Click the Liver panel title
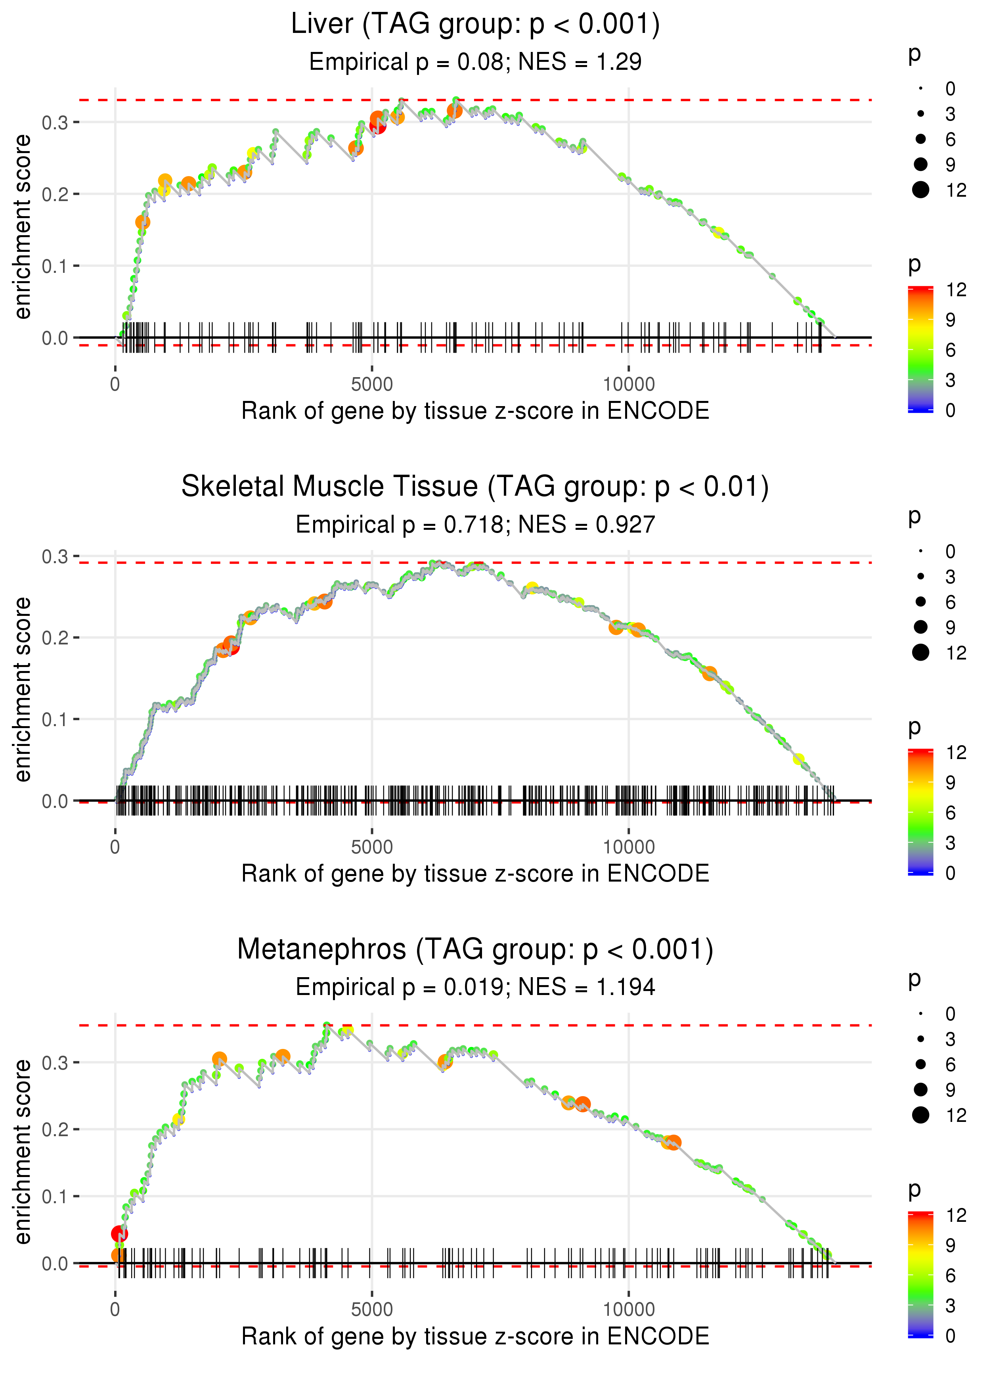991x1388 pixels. [x=475, y=25]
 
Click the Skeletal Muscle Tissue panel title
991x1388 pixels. [x=475, y=487]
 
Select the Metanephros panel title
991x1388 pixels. [x=475, y=950]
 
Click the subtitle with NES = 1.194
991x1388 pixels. [x=475, y=987]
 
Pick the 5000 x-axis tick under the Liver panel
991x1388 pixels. [x=372, y=385]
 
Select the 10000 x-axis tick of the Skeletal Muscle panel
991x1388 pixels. [x=629, y=847]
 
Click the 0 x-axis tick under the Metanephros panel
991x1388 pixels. [x=115, y=1310]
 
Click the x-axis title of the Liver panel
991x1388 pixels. [x=475, y=411]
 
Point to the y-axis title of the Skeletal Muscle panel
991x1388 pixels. [x=23, y=689]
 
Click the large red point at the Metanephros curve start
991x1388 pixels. [x=120, y=1234]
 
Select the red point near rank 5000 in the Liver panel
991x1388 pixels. [x=378, y=126]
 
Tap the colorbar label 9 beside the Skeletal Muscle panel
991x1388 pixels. [x=950, y=782]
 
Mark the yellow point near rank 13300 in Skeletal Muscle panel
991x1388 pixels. [x=798, y=759]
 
